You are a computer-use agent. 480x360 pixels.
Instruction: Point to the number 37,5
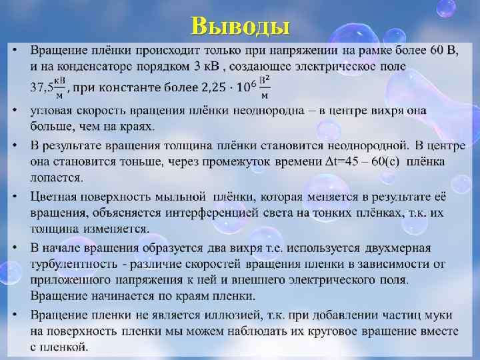(41, 87)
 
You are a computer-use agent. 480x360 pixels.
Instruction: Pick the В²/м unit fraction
(265, 87)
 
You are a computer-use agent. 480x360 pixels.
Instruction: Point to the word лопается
(57, 177)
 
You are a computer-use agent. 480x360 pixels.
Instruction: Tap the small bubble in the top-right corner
(446, 9)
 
